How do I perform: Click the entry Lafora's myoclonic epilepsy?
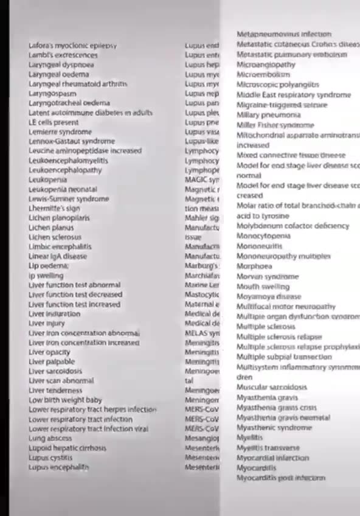pyautogui.click(x=72, y=46)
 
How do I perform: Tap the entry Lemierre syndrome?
pyautogui.click(x=60, y=131)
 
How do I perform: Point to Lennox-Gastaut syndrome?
pyautogui.click(x=71, y=141)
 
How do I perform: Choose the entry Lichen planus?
pyautogui.click(x=51, y=228)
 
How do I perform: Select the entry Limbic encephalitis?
pyautogui.click(x=60, y=246)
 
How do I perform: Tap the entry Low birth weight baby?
pyautogui.click(x=65, y=400)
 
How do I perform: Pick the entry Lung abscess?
pyautogui.click(x=50, y=438)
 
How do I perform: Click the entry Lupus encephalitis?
pyautogui.click(x=58, y=467)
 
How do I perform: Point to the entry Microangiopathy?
pyautogui.click(x=266, y=64)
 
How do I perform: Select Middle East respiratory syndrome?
pyautogui.click(x=293, y=95)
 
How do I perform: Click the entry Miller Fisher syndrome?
pyautogui.click(x=275, y=125)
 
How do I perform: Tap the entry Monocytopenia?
pyautogui.click(x=263, y=235)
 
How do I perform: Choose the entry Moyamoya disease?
pyautogui.click(x=268, y=296)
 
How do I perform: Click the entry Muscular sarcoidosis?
pyautogui.click(x=271, y=387)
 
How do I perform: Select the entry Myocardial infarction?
pyautogui.click(x=272, y=458)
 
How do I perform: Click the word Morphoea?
pyautogui.click(x=254, y=266)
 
